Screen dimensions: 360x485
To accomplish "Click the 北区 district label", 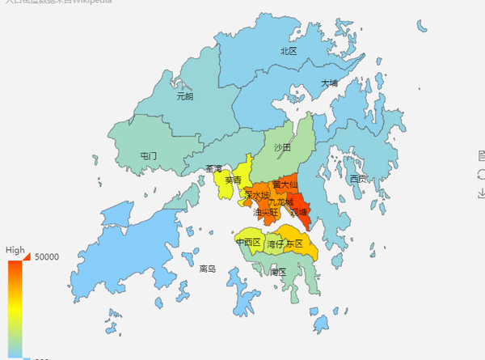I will (289, 51).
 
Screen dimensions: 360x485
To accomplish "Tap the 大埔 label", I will (328, 83).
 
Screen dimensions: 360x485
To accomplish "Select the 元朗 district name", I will (184, 96).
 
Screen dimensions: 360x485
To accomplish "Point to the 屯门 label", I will (148, 155).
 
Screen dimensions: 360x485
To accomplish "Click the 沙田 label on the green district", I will (282, 148).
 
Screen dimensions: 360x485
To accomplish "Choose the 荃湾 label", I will (214, 169).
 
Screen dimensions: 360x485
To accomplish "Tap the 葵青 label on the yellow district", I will (233, 180).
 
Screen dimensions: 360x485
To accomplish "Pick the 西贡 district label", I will (358, 178).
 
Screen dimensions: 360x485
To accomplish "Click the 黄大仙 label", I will (285, 184).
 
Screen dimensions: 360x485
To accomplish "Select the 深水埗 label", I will (256, 195).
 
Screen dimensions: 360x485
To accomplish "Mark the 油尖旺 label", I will (265, 213).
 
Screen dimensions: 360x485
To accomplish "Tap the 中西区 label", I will (248, 242).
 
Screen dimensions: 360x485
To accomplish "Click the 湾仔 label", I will (276, 244).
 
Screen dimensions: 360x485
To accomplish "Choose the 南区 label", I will (277, 272).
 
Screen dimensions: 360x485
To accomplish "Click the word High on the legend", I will (15, 251).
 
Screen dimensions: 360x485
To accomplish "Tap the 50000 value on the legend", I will (45, 257).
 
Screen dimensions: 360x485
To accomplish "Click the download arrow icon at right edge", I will (482, 192).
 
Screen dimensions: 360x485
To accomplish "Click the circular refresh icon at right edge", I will (482, 173).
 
